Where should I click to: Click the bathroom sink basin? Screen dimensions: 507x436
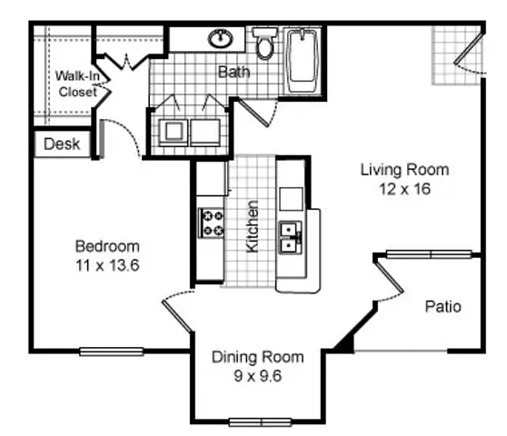[221, 38]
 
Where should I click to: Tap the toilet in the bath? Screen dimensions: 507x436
[264, 43]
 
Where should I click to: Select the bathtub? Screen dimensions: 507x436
[303, 61]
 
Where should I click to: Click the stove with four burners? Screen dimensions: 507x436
[211, 223]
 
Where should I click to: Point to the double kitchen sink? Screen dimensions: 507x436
[291, 238]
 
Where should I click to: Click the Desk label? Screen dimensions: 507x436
[62, 144]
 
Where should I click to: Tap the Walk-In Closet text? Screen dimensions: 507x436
[77, 84]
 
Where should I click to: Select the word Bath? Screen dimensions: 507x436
[234, 72]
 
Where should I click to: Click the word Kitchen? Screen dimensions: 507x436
[253, 226]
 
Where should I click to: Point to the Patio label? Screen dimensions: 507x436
[443, 306]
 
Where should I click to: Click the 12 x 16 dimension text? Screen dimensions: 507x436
[405, 189]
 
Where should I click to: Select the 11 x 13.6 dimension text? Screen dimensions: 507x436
[107, 265]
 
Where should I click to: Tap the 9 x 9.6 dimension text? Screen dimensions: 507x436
[258, 376]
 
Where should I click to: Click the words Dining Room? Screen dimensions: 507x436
[258, 357]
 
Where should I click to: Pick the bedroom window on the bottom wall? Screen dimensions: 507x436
[112, 352]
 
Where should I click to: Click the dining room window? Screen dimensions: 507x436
[260, 422]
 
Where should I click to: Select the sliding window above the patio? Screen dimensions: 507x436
[429, 254]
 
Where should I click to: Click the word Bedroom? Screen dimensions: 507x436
[107, 246]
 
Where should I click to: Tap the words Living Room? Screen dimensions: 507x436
[405, 170]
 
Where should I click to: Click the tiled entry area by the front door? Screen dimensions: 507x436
[456, 55]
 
